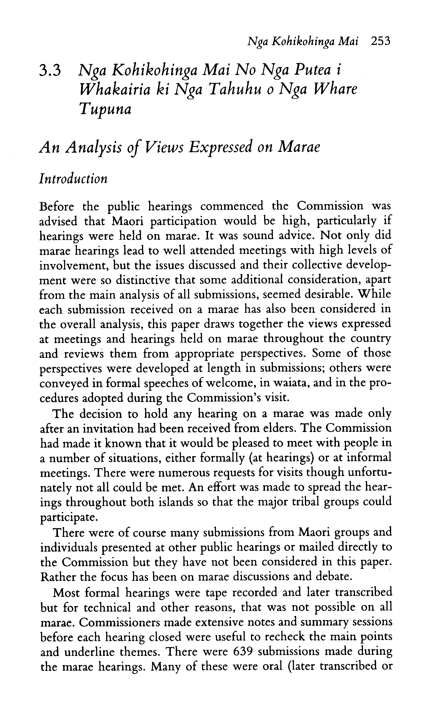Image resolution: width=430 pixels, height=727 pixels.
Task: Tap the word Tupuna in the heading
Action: point(105,109)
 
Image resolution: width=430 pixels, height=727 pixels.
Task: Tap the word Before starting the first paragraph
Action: point(56,207)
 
